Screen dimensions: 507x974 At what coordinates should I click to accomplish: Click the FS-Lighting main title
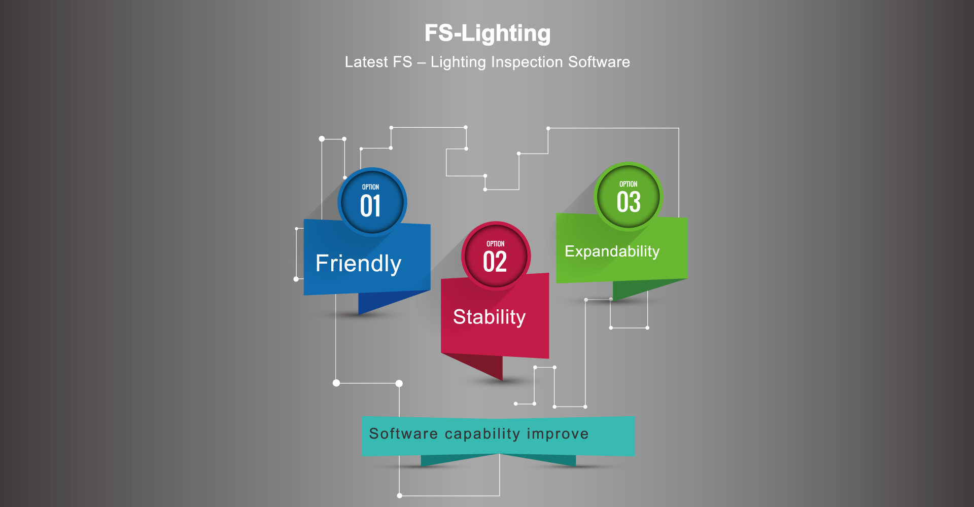488,33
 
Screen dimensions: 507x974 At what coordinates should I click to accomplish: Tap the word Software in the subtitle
599,62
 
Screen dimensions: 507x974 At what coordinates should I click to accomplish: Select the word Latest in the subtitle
366,62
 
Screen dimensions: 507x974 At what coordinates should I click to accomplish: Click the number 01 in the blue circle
370,206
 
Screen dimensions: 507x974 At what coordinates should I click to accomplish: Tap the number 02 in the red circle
495,262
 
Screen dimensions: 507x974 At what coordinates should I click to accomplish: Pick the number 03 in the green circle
629,202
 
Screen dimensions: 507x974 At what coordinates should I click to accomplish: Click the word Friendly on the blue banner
358,264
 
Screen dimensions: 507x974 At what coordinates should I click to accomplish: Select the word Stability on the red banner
489,317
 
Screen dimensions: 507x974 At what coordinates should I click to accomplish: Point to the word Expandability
612,251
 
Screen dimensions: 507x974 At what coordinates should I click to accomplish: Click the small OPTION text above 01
370,187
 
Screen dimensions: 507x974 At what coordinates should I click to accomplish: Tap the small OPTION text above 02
495,244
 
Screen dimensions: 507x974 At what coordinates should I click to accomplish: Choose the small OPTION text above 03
628,184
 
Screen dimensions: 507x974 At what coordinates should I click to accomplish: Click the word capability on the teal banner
482,434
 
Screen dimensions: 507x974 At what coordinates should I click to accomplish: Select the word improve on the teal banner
558,434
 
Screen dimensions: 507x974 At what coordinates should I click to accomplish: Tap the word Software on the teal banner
403,434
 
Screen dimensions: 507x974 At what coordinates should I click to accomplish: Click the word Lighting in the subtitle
458,62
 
